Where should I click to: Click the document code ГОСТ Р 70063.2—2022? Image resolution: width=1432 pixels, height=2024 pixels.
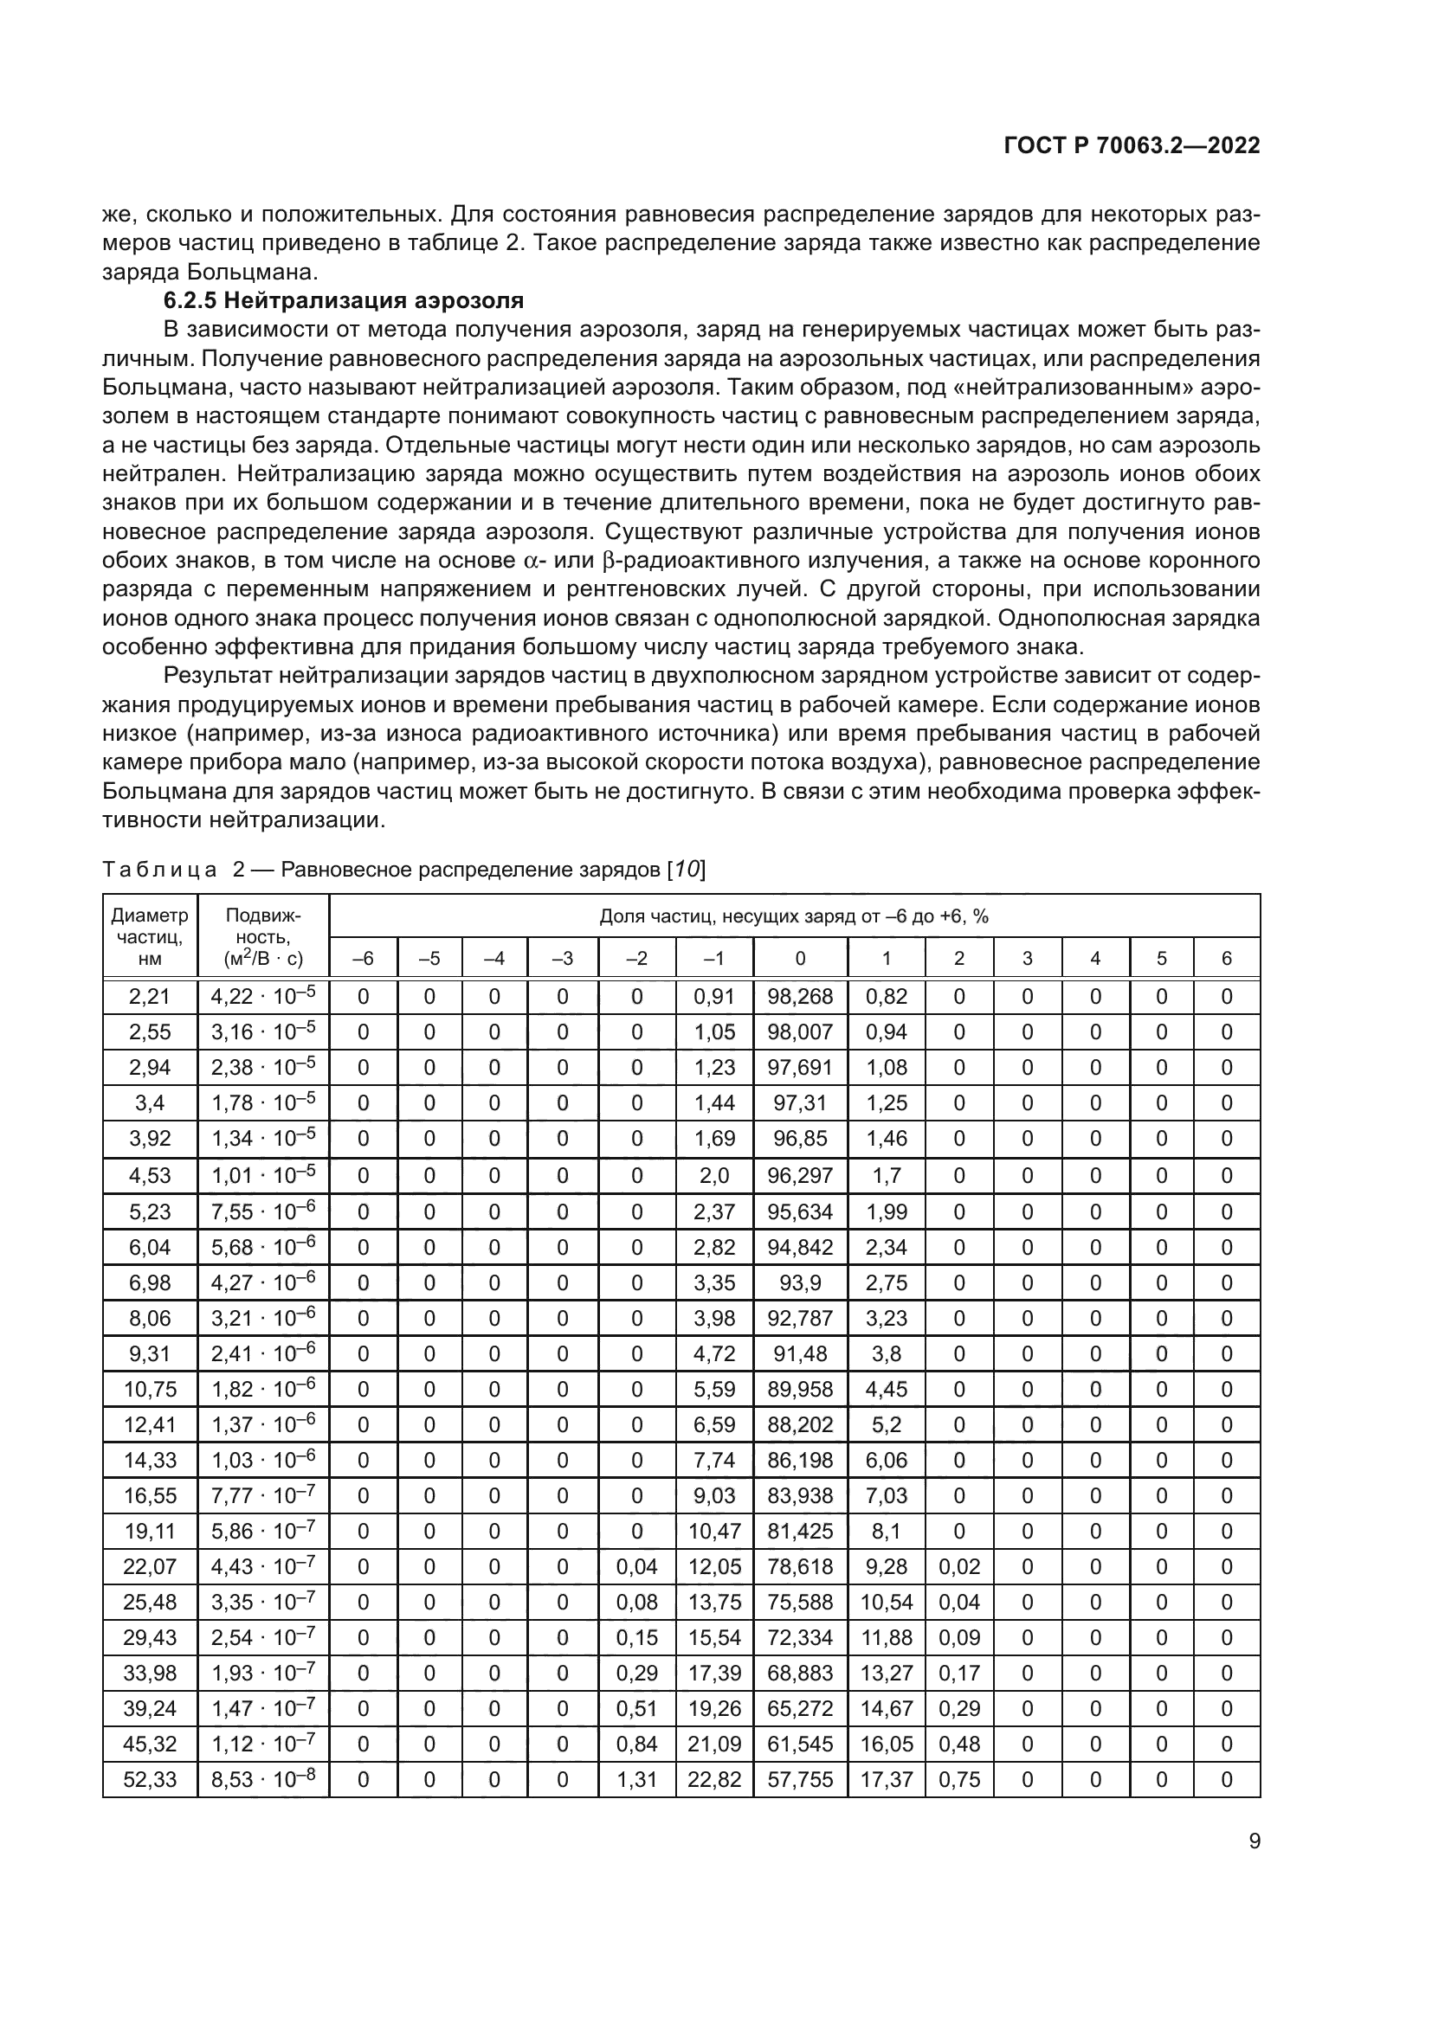(1132, 146)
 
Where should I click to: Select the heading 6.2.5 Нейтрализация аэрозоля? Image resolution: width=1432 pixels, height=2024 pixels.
(344, 300)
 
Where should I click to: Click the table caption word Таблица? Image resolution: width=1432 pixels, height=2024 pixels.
(159, 870)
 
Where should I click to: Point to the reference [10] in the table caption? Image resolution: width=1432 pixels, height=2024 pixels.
(686, 870)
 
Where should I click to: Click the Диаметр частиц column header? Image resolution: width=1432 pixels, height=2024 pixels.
(150, 936)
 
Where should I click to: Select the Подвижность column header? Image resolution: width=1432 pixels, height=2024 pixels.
(263, 936)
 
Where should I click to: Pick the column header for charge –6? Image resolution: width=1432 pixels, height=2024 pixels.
(363, 958)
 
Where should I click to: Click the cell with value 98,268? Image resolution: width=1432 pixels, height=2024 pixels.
(800, 997)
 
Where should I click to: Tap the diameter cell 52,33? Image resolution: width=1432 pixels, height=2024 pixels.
(150, 1780)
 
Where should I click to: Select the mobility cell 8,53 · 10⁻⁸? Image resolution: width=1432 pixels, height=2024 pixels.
(263, 1780)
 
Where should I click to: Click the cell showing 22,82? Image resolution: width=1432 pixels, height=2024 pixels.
(714, 1780)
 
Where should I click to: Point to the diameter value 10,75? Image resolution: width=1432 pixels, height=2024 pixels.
(150, 1390)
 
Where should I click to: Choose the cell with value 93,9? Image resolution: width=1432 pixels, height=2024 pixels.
(800, 1282)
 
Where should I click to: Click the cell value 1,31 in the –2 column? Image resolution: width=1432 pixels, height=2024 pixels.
(636, 1780)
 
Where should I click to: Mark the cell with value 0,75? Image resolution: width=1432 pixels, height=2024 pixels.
(959, 1780)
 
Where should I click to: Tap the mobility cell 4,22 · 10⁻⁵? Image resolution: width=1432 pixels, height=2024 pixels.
(263, 997)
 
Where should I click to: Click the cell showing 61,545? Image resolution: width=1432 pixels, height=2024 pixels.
(800, 1744)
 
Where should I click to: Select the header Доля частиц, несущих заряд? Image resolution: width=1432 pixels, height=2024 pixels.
(794, 916)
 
